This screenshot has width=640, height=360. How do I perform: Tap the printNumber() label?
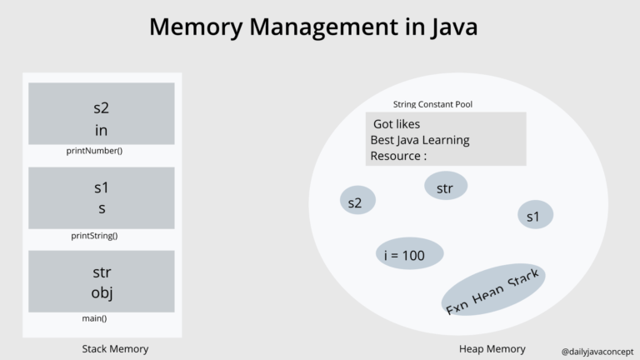coord(94,151)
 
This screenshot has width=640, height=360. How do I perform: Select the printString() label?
coord(94,235)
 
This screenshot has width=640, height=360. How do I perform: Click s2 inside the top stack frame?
coord(102,107)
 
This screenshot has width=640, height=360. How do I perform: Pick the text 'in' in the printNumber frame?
coord(102,130)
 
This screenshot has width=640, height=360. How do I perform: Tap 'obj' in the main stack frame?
coord(102,292)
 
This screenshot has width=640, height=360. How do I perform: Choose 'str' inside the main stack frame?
coord(102,272)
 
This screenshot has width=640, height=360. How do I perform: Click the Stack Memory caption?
coord(115,349)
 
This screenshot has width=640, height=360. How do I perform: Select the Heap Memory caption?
coord(492,349)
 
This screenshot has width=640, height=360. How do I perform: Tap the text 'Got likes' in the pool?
coord(397,124)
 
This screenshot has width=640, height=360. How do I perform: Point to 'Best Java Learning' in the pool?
coord(420,140)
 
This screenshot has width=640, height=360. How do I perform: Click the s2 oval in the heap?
coord(357,201)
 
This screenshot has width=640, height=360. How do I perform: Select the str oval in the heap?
coord(445,187)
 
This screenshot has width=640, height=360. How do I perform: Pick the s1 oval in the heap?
coord(534,216)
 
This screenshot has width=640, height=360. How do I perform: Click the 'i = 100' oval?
coord(406,255)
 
